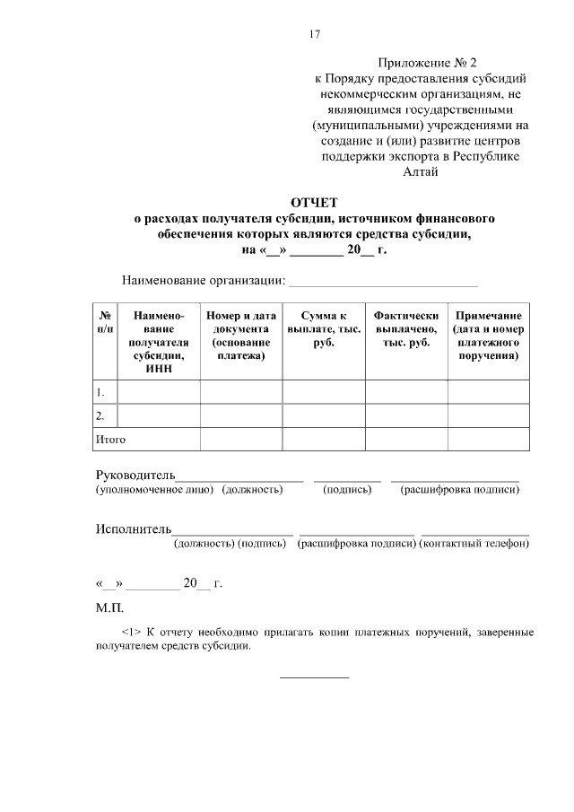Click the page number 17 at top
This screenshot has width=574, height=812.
[x=315, y=35]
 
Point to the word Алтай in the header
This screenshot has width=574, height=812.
[x=422, y=171]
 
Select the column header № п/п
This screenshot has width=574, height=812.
[x=105, y=322]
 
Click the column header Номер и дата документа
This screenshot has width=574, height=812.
[x=240, y=335]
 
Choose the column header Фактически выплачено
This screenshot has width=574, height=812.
[x=406, y=328]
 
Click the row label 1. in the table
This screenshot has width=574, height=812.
[x=100, y=392]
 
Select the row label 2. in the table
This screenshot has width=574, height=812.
[x=100, y=415]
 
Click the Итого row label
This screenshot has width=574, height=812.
[x=110, y=439]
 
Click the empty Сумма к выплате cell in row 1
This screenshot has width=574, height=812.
[x=324, y=392]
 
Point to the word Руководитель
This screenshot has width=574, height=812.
[x=135, y=474]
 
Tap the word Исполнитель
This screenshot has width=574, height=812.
[x=134, y=528]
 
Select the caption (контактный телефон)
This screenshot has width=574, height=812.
[x=474, y=544]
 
